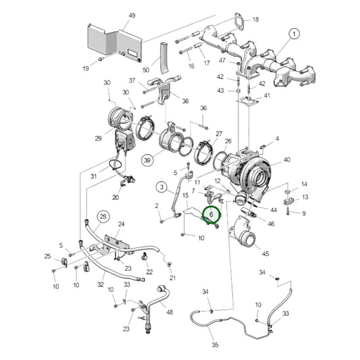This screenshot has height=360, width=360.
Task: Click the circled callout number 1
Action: [x=295, y=33]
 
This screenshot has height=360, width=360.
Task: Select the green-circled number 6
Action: [x=212, y=215]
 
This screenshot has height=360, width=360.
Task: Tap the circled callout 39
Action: [x=147, y=159]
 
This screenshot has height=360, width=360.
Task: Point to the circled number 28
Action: [x=103, y=216]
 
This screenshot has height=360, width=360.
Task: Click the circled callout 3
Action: [x=161, y=186]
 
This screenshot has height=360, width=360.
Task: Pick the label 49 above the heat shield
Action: [x=132, y=16]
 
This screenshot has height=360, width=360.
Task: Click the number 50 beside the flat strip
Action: [x=145, y=70]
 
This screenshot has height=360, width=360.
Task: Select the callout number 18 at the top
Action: [x=255, y=20]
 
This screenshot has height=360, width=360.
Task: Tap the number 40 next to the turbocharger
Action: [x=286, y=159]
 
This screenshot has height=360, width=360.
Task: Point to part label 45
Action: [x=265, y=253]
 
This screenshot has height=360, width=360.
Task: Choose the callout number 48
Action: [x=170, y=312]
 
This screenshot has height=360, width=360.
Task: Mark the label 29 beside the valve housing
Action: [x=99, y=138]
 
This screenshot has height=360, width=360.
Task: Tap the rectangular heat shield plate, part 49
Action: [x=111, y=43]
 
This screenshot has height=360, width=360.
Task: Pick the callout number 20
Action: [x=115, y=197]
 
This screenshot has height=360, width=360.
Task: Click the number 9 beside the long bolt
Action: [x=304, y=213]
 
